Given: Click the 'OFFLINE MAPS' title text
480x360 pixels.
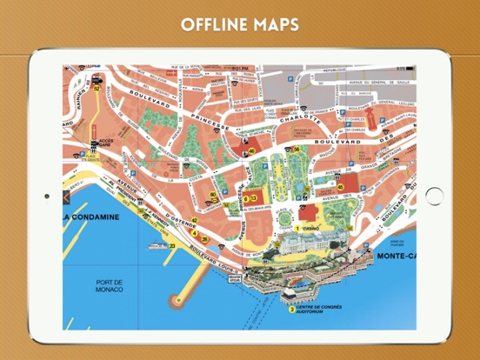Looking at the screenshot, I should pos(239,23).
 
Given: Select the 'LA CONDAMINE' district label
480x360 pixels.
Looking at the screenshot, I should pos(94,217).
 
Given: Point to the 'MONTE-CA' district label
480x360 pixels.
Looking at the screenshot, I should pos(397,256).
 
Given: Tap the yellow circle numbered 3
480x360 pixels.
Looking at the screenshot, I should pos(291,309).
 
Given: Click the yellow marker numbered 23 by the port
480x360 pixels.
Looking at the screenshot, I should pos(172,246).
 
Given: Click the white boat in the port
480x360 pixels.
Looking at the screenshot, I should pos(158,246).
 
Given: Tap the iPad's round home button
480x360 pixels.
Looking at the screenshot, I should pos(433,196).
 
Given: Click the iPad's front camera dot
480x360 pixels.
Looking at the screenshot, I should pos(46,196).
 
